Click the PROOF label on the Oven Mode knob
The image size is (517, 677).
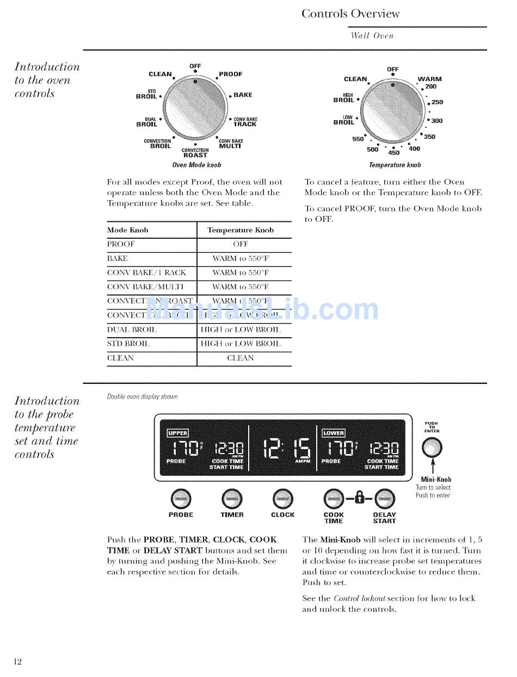(x=231, y=74)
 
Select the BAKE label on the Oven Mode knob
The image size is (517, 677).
(x=243, y=95)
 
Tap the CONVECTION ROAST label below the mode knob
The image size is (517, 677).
(x=195, y=153)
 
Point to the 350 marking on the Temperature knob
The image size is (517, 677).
(x=429, y=137)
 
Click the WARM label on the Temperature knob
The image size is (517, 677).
(x=430, y=79)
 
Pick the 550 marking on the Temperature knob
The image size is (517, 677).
(x=358, y=139)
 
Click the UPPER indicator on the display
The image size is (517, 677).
(x=177, y=433)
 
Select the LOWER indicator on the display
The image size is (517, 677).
(x=333, y=433)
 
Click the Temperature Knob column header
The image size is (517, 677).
(x=240, y=230)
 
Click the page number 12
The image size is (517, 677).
(x=17, y=661)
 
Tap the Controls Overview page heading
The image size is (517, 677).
(x=350, y=14)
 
